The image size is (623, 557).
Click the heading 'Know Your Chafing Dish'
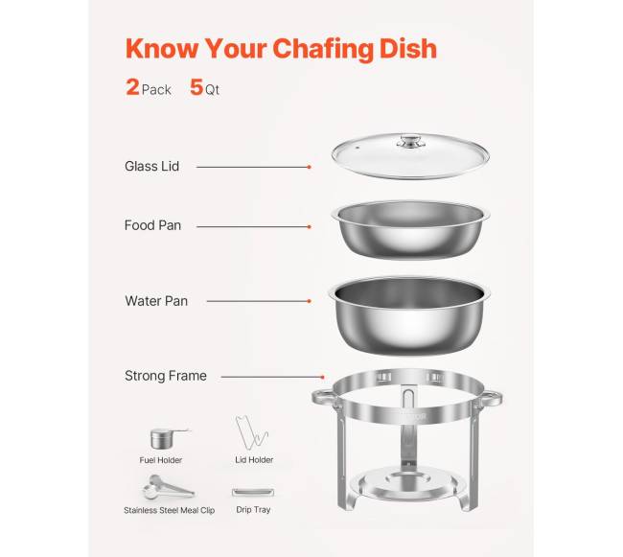[282, 48]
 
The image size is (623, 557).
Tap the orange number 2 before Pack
[132, 87]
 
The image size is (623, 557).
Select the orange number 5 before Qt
[196, 87]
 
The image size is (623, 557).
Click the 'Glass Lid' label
[151, 167]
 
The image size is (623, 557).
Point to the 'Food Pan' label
[152, 226]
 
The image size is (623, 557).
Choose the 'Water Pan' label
[156, 301]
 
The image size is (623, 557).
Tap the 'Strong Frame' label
[165, 376]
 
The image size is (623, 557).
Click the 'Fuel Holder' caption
[161, 460]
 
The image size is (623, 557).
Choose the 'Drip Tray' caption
[252, 510]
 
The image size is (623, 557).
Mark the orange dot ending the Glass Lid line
[309, 167]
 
